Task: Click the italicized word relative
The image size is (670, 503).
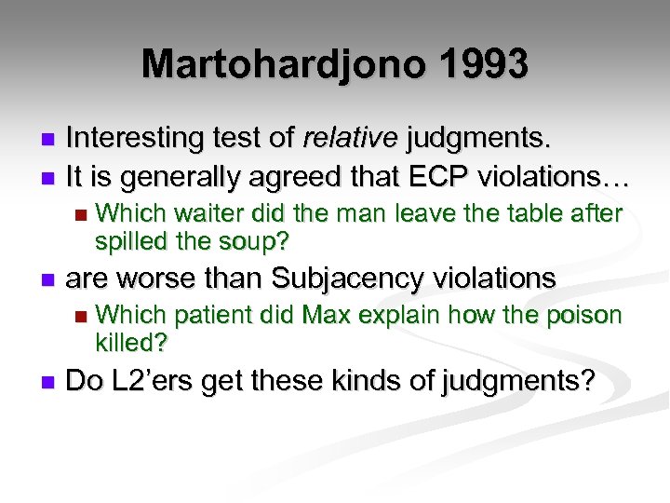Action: click(350, 139)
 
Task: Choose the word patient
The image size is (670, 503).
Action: click(208, 317)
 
